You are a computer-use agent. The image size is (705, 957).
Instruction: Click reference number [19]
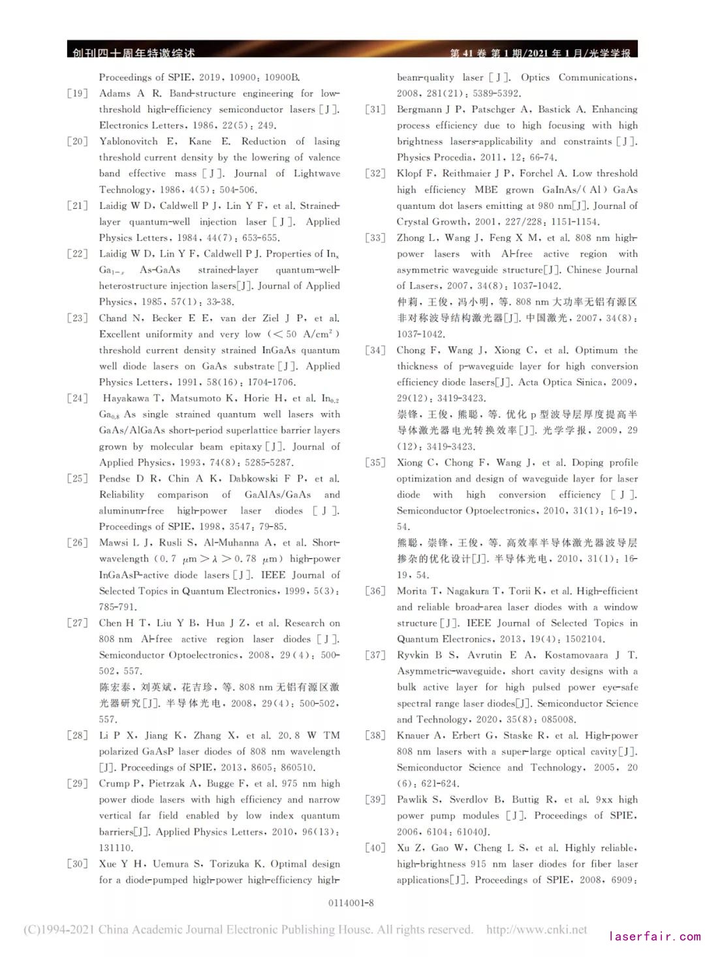coord(77,93)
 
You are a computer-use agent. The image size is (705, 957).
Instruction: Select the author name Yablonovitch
coord(128,142)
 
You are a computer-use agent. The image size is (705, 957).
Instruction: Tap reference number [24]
coord(77,398)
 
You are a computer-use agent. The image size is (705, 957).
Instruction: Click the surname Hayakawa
coord(125,398)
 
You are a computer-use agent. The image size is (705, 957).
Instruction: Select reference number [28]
coord(77,736)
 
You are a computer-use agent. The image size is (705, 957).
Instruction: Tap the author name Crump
coord(115,783)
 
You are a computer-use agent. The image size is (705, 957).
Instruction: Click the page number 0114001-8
coord(351,903)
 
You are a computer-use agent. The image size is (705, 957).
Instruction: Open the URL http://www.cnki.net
coord(536,930)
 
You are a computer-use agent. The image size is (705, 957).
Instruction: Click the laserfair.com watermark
coord(654,937)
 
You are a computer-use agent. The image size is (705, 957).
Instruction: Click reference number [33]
coord(375,238)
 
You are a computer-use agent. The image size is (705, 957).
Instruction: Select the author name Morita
coord(413,591)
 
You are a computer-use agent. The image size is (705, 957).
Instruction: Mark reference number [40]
coord(375,848)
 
